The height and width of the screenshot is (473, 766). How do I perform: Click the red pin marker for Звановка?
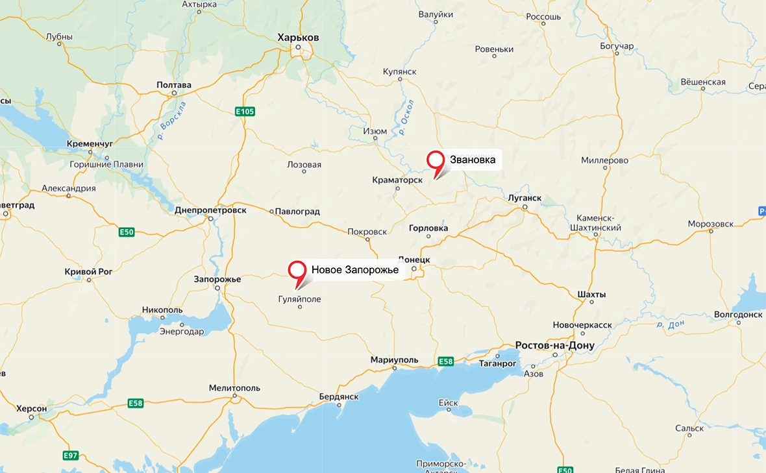[x=435, y=160]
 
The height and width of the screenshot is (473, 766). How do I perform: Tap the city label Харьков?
[x=298, y=38]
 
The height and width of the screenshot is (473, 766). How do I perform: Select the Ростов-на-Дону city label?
[x=554, y=345]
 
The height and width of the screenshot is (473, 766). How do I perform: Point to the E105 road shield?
[x=245, y=112]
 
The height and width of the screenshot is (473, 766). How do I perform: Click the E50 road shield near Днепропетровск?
[x=127, y=232]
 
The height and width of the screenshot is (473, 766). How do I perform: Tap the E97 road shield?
[x=71, y=455]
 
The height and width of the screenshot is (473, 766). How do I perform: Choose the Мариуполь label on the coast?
[x=394, y=359]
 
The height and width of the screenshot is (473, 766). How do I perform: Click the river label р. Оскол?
[x=407, y=117]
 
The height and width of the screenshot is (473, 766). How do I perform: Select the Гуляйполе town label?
[x=299, y=299]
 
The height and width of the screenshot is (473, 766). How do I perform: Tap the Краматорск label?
[x=397, y=180]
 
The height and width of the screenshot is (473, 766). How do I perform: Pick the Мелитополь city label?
[x=234, y=387]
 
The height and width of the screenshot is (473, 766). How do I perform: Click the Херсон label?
[x=31, y=409]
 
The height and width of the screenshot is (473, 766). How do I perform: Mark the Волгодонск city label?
[x=738, y=314]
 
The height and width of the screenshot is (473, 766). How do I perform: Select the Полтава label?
[x=174, y=85]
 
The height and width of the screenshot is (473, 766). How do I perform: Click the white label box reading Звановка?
[x=473, y=159]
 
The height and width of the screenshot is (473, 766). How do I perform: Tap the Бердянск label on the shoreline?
[x=339, y=396]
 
